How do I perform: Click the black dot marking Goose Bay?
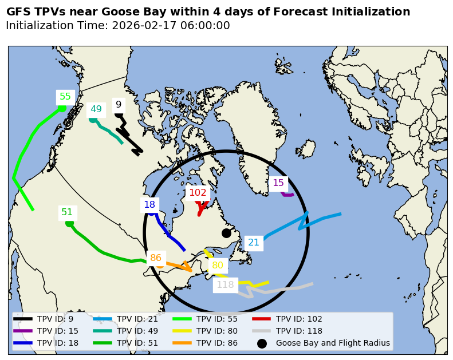[x=226, y=233]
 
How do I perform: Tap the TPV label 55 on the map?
[x=65, y=97]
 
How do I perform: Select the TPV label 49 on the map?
[x=96, y=109]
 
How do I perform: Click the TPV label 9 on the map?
[x=119, y=105]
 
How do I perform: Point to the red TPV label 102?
[x=198, y=193]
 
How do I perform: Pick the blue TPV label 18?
[x=149, y=205]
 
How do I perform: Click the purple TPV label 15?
[x=278, y=183]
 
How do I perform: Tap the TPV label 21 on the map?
[x=254, y=243]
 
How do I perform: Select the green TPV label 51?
[x=67, y=212]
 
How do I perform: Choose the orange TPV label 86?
[x=156, y=258]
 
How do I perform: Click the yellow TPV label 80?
[x=218, y=266]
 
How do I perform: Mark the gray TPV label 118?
[x=225, y=285]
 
